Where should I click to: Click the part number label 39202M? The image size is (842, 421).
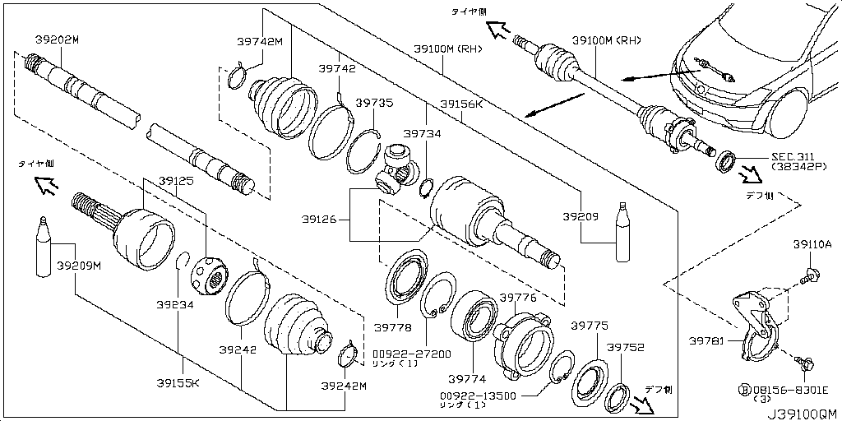point(57,39)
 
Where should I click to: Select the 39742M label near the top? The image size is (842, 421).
point(260,42)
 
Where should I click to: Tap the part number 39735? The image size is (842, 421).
point(374,104)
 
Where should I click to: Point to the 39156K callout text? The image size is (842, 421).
point(461,104)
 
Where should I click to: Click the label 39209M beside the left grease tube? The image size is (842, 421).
point(79,265)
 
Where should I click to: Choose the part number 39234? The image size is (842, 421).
point(176,304)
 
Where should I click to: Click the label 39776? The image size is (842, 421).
point(518,298)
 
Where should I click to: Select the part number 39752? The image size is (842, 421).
point(626,349)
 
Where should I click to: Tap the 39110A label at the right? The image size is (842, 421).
point(812,244)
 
